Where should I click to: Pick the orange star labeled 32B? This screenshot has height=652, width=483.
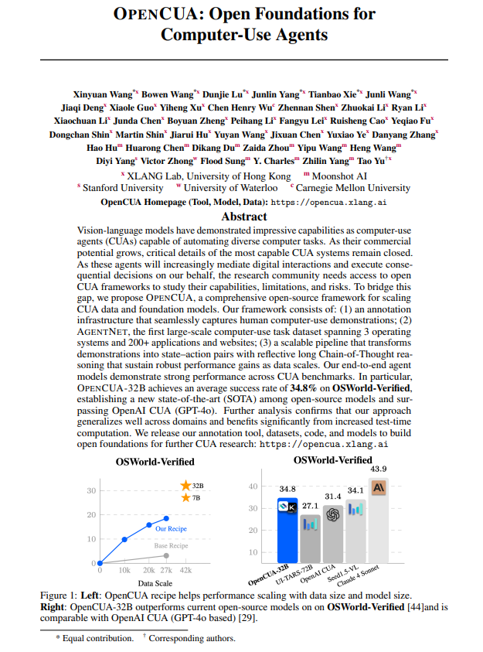[185, 485]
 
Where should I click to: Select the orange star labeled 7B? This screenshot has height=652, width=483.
[185, 497]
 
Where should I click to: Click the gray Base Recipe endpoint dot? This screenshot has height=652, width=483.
[165, 555]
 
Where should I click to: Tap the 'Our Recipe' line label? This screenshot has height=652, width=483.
[171, 529]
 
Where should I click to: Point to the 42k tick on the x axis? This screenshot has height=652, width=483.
[186, 570]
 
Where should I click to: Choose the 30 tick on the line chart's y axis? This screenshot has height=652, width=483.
[91, 490]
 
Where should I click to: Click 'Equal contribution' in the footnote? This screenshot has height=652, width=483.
[98, 638]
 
